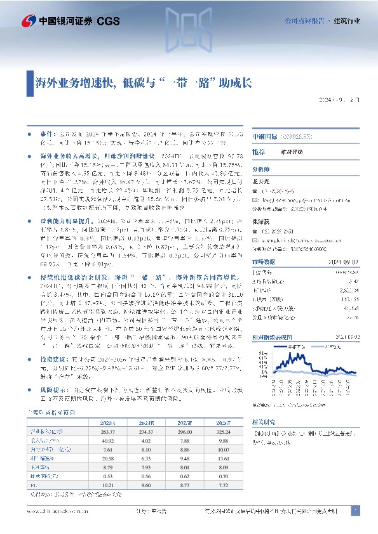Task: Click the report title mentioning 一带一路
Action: tap(144, 82)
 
